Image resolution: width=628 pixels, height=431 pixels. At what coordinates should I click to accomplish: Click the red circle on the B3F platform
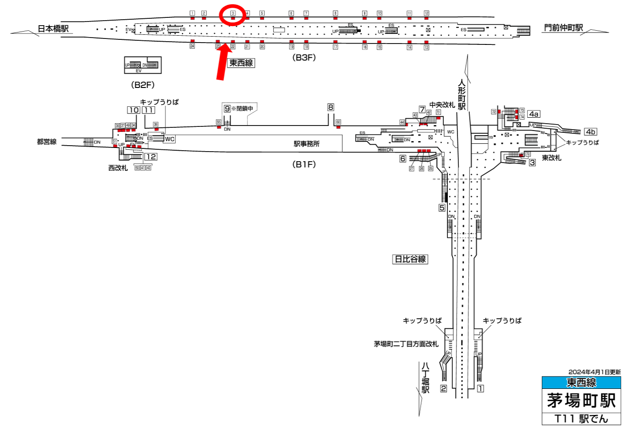pos(233,15)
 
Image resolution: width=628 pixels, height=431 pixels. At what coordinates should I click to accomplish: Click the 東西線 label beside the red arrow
pos(241,63)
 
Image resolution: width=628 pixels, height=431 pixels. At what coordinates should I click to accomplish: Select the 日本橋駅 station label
pos(53,29)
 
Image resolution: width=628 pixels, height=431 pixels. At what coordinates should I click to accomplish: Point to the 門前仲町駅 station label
pos(563,28)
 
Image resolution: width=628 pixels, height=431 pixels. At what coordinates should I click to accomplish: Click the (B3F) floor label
pos(304,58)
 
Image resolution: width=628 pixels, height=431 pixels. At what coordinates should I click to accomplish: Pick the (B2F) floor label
pos(143,85)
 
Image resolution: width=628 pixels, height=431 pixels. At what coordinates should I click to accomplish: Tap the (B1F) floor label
pos(304,164)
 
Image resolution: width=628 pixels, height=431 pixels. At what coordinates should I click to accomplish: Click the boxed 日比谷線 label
pos(410,259)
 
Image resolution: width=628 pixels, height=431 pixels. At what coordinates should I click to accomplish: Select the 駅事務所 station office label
pos(307,144)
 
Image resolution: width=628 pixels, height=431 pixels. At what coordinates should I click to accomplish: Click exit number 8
pos(331,108)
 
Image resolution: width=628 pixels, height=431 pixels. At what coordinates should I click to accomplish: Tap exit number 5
pos(442,207)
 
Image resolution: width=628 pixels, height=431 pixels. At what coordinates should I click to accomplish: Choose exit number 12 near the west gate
pos(151,157)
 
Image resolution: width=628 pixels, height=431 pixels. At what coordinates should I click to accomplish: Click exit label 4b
pos(590,132)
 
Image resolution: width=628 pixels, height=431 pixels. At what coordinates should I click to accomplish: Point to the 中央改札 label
pos(442,105)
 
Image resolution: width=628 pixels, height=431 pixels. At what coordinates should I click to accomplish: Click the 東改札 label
pos(551,158)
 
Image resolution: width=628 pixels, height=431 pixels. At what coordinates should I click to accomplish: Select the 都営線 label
pos(47,142)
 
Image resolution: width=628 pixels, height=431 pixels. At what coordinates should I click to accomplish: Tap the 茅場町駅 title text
pos(581,401)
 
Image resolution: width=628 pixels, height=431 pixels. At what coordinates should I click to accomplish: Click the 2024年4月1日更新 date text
pos(595,372)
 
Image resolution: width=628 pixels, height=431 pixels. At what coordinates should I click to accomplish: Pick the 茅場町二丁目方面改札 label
pos(406,344)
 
